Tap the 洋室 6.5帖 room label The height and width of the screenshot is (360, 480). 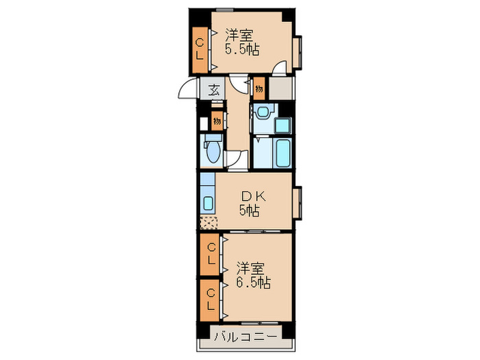pos(253,274)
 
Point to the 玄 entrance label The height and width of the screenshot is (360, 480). pos(214,89)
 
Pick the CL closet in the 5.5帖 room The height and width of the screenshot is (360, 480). pos(200,49)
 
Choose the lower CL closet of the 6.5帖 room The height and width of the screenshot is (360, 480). pos(211,298)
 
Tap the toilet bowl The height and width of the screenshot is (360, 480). pos(211,152)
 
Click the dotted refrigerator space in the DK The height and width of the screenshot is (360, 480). pos(208,222)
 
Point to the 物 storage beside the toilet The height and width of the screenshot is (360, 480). pos(216,121)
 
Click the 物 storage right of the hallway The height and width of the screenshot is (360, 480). pos(259,88)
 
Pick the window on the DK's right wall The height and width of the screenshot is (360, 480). pos(298,202)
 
